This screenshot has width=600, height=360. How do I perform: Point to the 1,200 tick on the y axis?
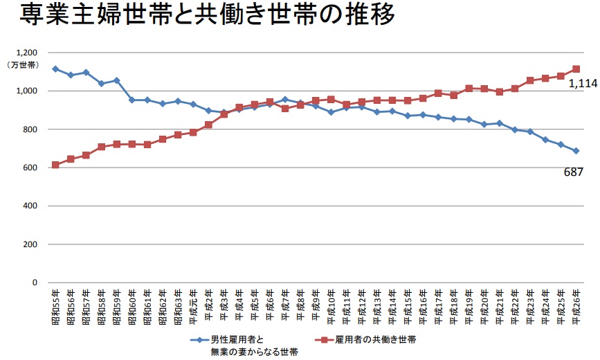coord(26,53)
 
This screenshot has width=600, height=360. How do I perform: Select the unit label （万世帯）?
coord(23,65)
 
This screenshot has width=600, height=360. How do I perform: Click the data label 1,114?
coord(583,84)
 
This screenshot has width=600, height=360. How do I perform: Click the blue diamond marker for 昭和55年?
coord(55,69)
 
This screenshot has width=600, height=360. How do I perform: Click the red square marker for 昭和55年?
coord(55,165)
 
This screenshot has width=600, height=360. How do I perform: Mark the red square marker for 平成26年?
coord(576,69)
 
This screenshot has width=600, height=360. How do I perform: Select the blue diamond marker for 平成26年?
coord(576,151)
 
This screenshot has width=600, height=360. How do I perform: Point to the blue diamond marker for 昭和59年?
coord(116,80)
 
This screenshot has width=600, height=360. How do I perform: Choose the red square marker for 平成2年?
coord(208,125)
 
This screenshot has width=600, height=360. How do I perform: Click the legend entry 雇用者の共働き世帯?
coord(375,340)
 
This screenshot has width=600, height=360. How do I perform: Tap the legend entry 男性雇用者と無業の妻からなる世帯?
coord(254,345)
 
